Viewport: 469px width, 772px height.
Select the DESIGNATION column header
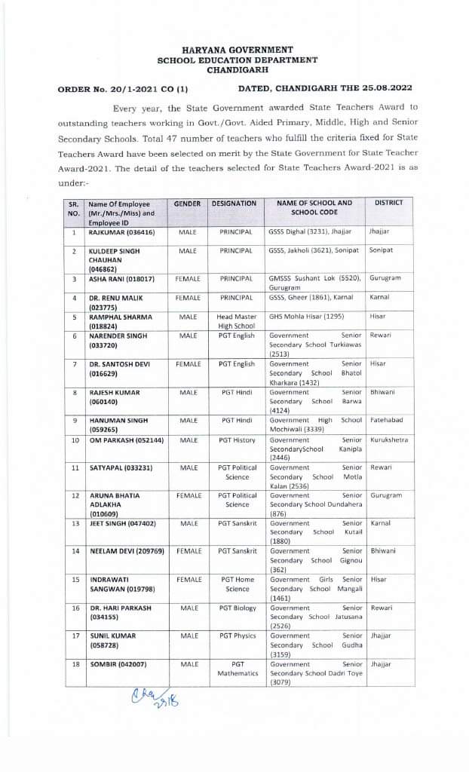(234, 204)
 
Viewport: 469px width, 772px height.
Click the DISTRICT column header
(388, 203)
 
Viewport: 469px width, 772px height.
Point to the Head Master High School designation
(237, 321)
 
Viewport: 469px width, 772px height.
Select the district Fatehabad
(388, 420)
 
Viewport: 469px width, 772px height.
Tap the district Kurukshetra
(389, 440)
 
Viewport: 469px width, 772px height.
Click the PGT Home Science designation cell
(238, 584)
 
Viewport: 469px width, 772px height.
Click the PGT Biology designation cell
(238, 608)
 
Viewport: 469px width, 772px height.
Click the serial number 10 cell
(74, 440)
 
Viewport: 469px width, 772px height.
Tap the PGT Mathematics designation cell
(238, 669)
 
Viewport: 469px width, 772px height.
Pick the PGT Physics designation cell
(238, 636)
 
